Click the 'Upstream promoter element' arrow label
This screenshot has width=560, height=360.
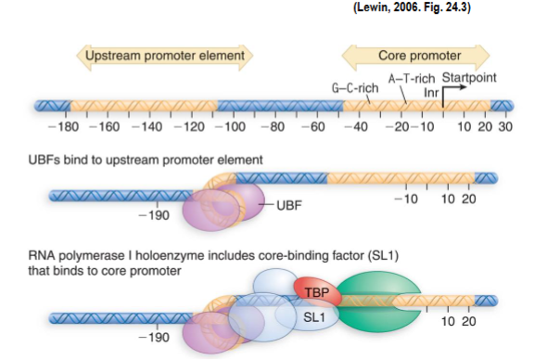tap(165, 57)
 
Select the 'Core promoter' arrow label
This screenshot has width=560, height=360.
tap(415, 57)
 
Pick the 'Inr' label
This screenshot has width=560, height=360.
tap(430, 92)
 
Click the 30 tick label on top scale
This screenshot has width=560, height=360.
tap(504, 126)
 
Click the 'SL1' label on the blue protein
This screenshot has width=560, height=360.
tap(312, 316)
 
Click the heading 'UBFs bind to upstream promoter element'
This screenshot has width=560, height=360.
tap(154, 160)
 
